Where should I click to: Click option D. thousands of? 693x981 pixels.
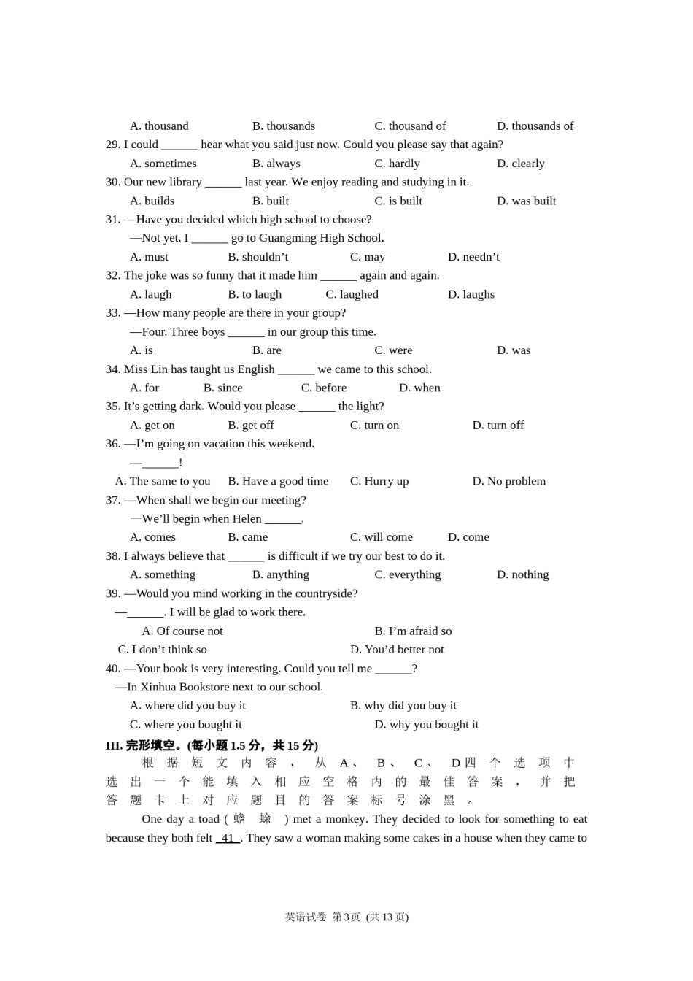[535, 126]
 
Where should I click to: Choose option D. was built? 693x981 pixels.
[526, 201]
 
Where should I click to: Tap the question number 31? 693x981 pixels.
[112, 220]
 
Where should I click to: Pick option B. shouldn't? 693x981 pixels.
[258, 257]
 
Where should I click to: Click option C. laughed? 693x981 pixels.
[352, 294]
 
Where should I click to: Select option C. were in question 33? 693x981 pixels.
[393, 350]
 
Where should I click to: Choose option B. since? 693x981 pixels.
[222, 388]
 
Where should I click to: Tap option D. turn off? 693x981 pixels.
[498, 426]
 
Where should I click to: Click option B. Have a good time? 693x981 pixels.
[278, 481]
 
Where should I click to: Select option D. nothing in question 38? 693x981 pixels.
[522, 574]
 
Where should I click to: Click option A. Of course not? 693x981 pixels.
[182, 631]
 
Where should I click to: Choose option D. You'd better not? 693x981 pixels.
[396, 650]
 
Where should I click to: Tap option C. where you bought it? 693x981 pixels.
[185, 725]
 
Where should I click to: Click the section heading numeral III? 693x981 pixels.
[114, 745]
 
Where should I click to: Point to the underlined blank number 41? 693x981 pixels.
[228, 838]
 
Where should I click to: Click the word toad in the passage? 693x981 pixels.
[209, 819]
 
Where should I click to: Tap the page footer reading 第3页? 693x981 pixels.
[346, 917]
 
